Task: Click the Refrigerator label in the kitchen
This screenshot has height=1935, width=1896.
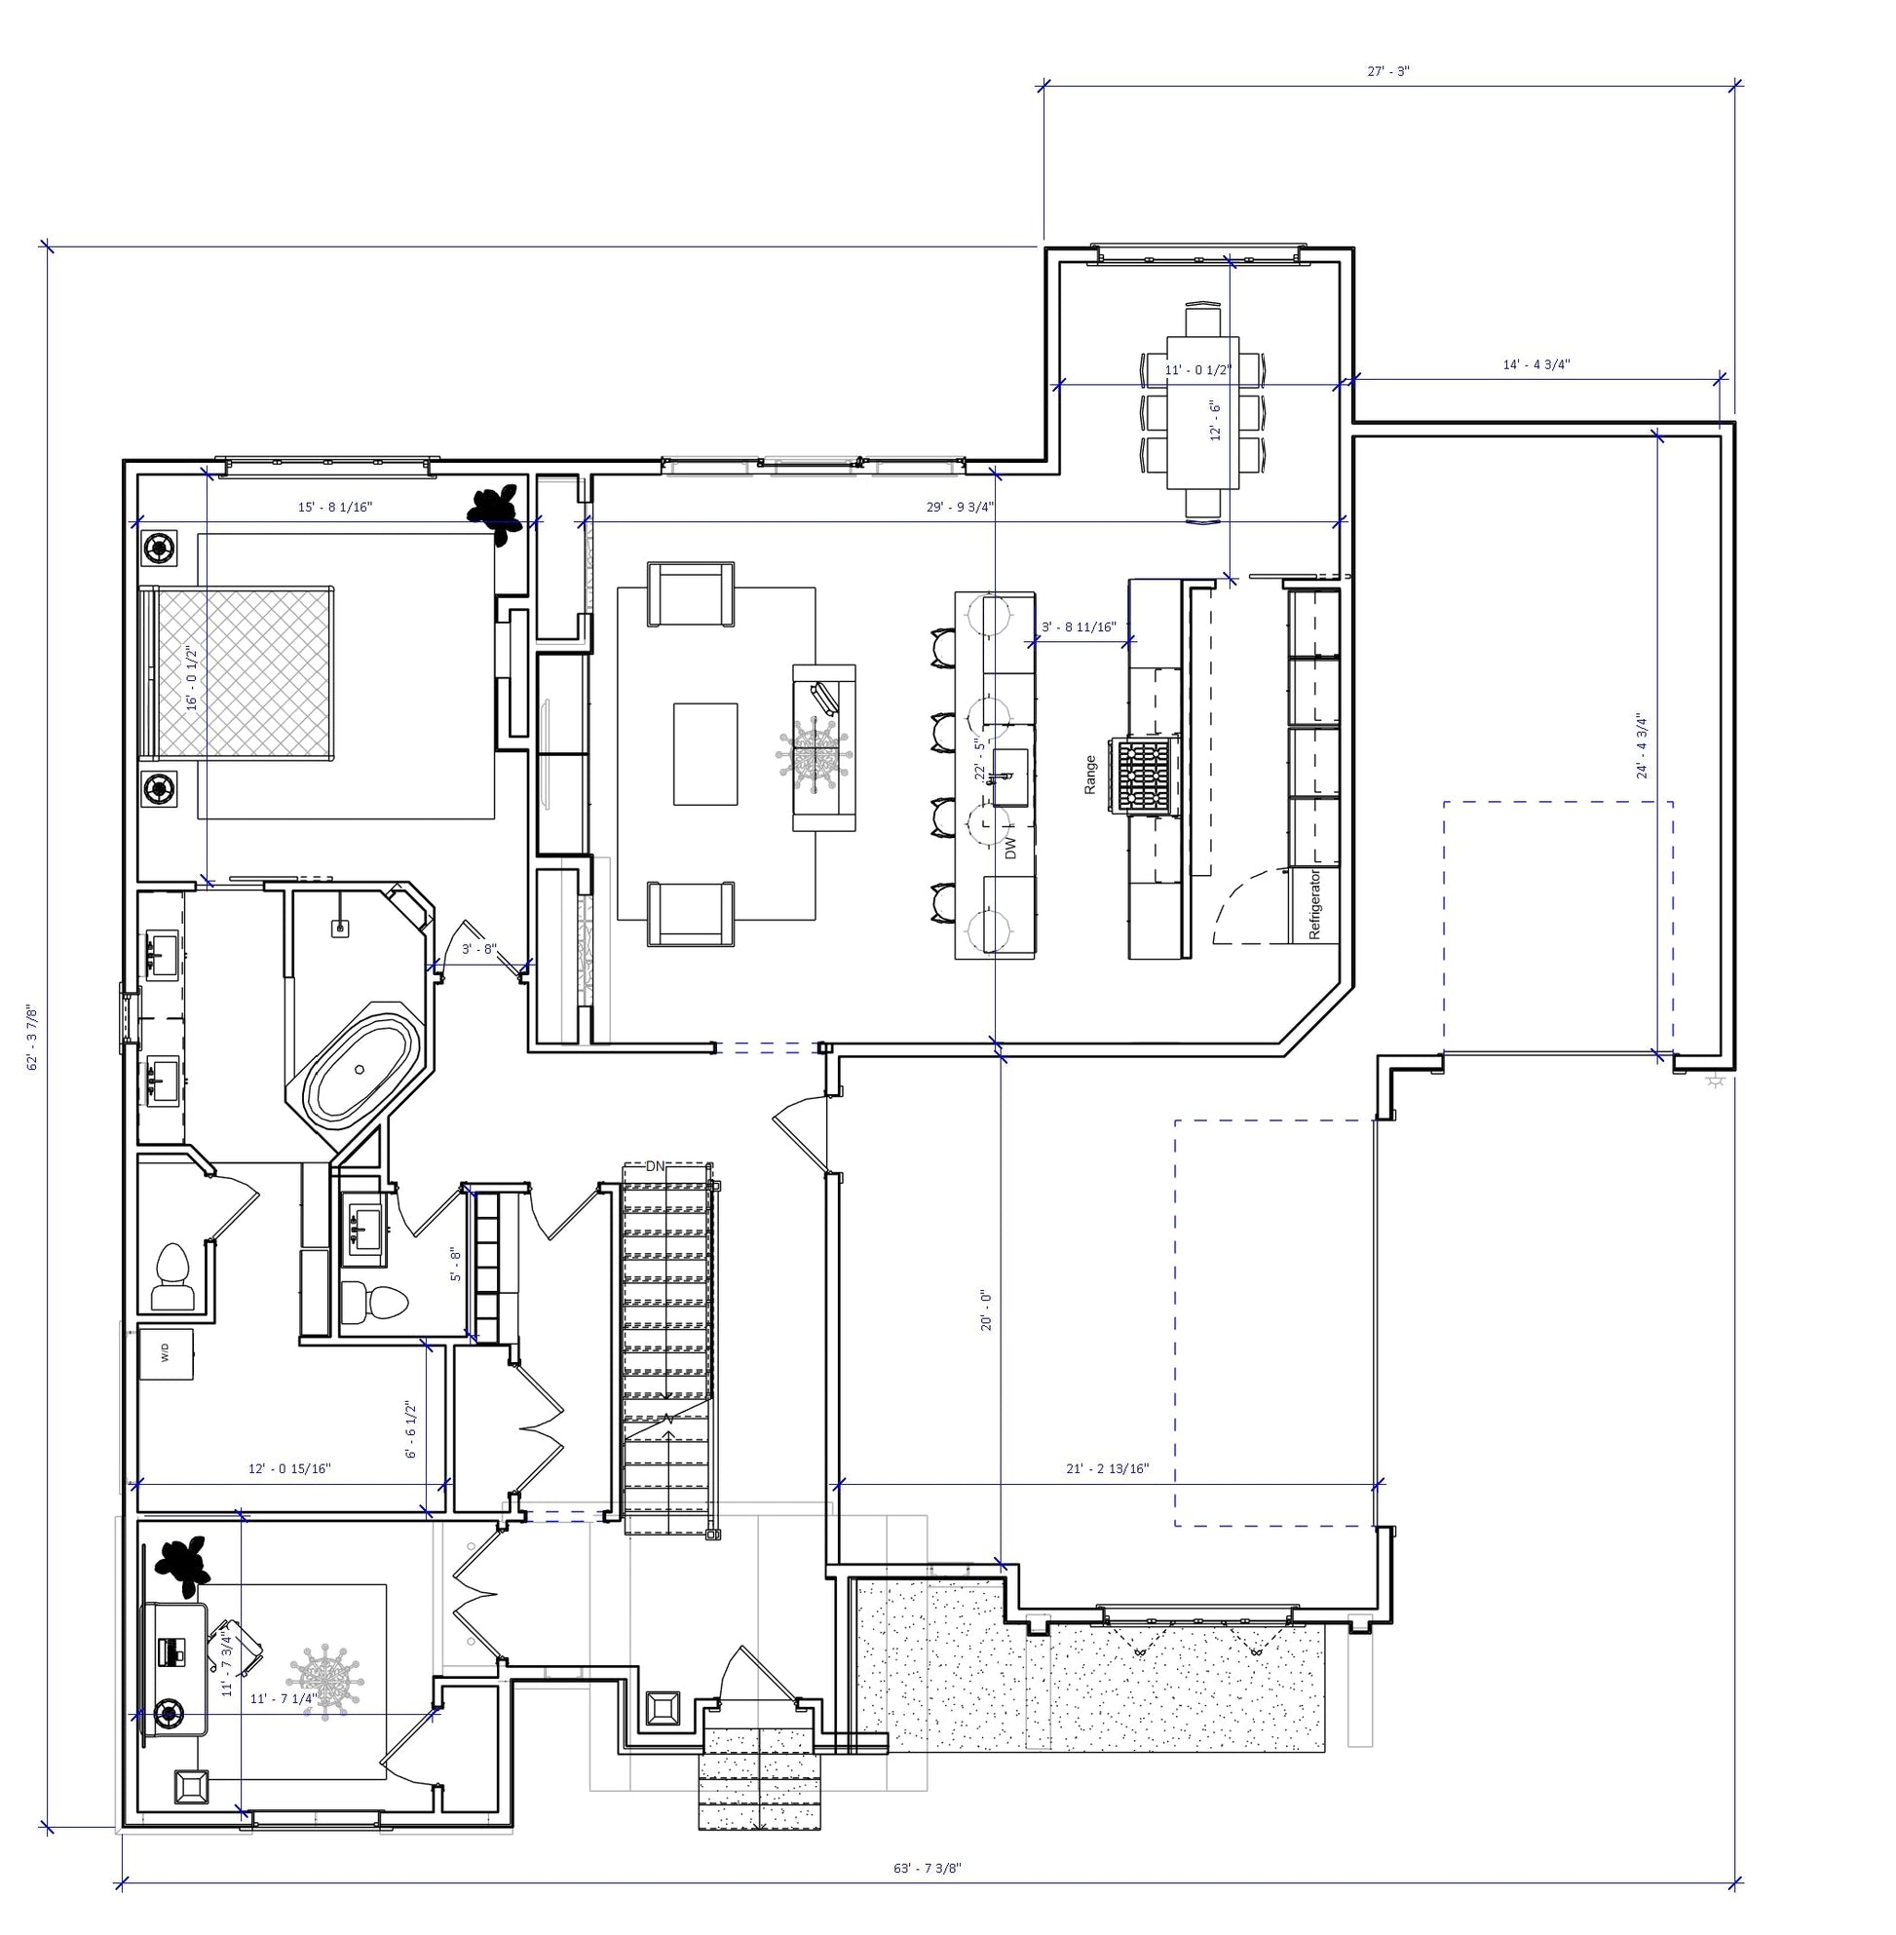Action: [x=1313, y=904]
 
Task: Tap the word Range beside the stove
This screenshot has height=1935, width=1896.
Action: [x=1089, y=775]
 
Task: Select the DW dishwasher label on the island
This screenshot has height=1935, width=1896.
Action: [x=1010, y=848]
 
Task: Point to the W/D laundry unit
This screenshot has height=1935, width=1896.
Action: [x=166, y=1353]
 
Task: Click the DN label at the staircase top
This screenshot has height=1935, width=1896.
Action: [x=656, y=1166]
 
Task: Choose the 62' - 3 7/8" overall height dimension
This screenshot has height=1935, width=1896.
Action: [x=33, y=1037]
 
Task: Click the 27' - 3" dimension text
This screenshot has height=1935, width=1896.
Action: [x=1388, y=72]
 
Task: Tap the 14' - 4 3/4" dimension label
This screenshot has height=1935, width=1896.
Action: [x=1536, y=364]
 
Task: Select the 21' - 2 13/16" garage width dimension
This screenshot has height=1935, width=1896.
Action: [x=1108, y=1468]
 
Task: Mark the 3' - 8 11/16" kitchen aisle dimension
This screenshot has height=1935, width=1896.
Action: [x=1080, y=627]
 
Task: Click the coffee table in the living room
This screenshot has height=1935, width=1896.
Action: [x=705, y=754]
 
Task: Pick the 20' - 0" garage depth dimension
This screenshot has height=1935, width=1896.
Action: [x=987, y=1309]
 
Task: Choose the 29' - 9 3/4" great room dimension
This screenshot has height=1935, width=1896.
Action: [x=960, y=507]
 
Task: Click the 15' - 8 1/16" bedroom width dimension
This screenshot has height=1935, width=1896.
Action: [x=335, y=507]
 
